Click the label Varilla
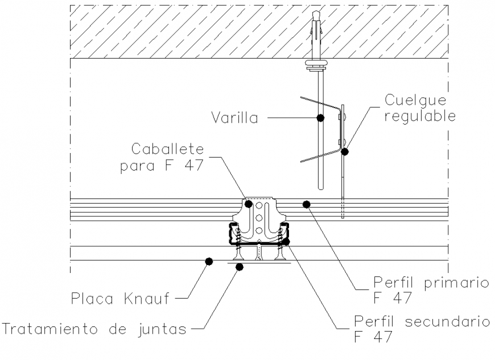(x=234, y=118)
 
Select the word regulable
(x=420, y=116)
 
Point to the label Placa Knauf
(x=121, y=298)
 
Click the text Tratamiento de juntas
(x=94, y=328)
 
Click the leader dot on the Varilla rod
(x=321, y=118)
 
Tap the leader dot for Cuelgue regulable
(x=344, y=151)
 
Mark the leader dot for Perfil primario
(x=307, y=203)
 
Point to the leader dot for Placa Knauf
(x=209, y=261)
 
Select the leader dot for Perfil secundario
(x=286, y=242)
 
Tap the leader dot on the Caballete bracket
(x=248, y=203)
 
